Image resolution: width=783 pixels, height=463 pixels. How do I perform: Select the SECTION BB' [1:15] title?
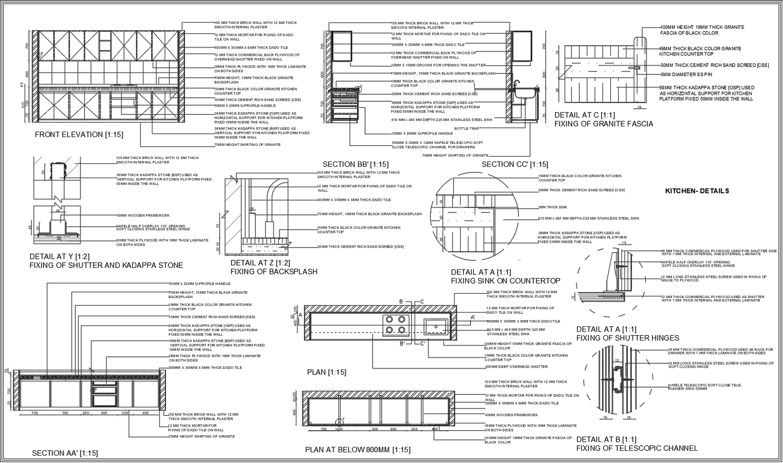[x=356, y=164]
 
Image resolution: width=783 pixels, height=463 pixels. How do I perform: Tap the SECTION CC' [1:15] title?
[x=515, y=164]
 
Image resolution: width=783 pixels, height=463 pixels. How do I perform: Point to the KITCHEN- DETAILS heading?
[x=697, y=191]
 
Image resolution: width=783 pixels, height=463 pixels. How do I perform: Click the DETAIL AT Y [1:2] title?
[x=60, y=256]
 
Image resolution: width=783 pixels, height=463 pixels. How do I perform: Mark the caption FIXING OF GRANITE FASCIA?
[x=603, y=124]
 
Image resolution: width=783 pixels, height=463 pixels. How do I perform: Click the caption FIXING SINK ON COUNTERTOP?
[x=506, y=281]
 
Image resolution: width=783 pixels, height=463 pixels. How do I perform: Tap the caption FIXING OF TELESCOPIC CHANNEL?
[x=637, y=448]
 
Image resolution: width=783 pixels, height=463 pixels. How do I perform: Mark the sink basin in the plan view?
[x=436, y=325]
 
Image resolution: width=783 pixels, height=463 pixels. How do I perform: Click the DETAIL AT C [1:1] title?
[x=584, y=115]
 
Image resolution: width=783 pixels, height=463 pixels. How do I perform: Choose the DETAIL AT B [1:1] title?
[x=606, y=440]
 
